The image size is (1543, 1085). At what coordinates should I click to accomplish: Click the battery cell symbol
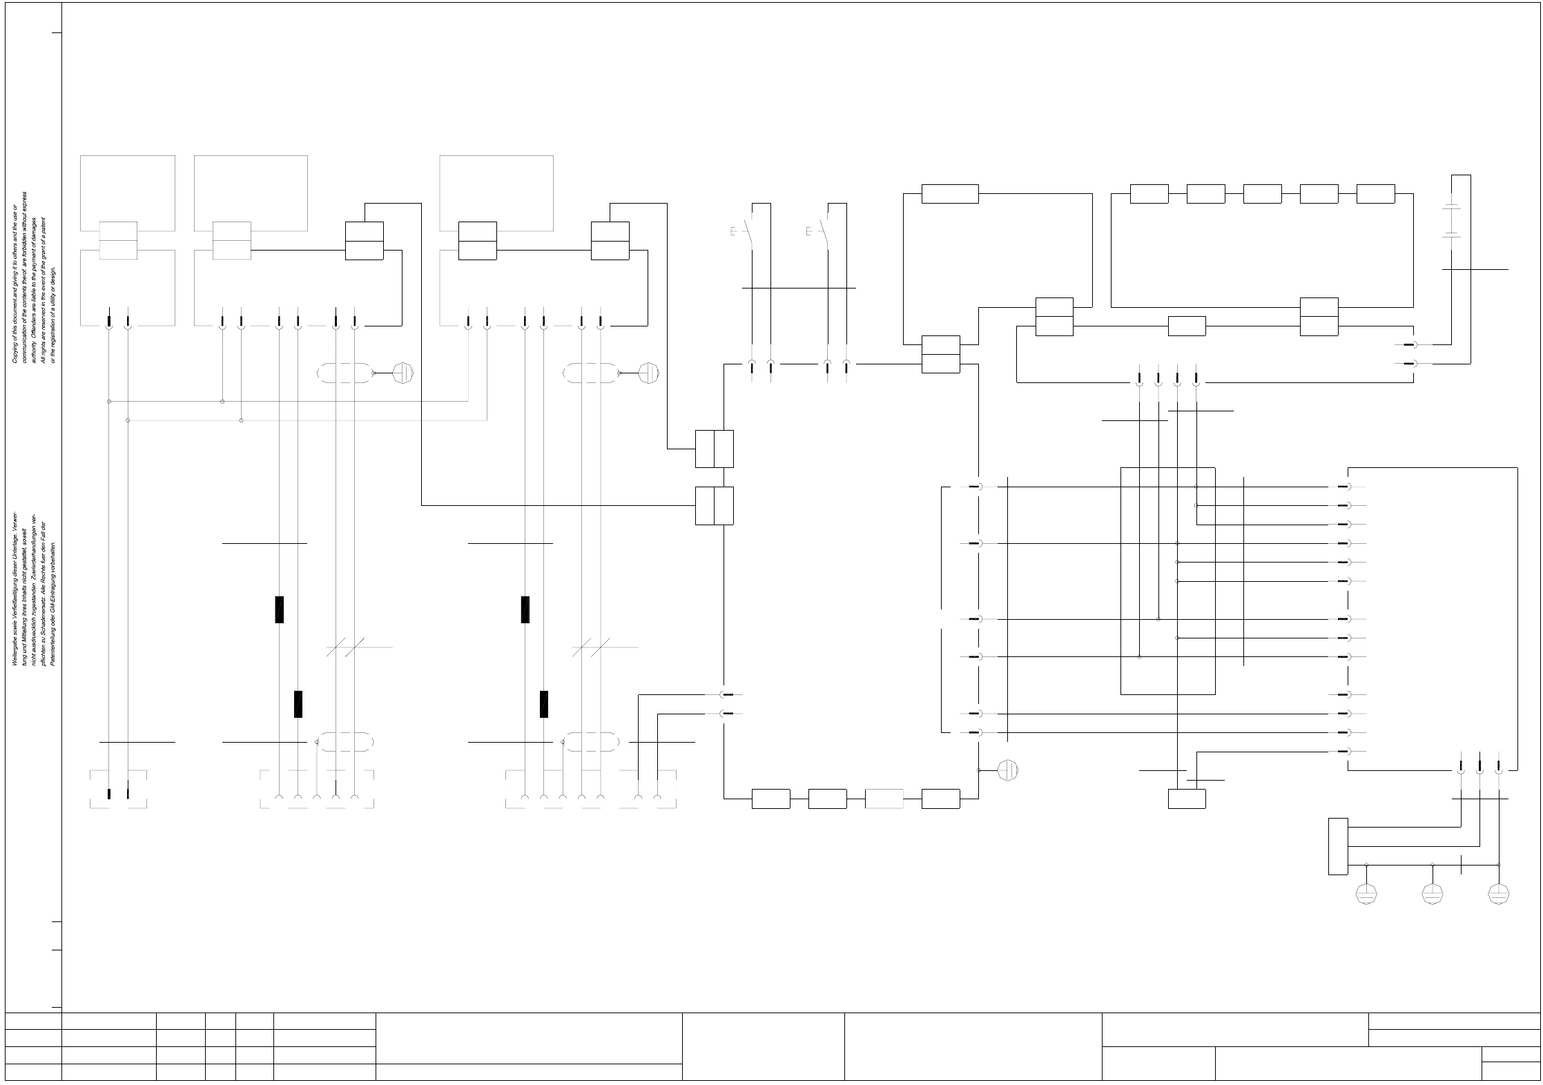(x=1452, y=221)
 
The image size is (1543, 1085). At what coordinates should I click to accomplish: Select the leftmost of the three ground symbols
(x=1366, y=894)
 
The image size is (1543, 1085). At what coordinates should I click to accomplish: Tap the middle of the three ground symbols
(x=1432, y=894)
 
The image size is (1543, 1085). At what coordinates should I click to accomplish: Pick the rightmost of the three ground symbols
(x=1498, y=894)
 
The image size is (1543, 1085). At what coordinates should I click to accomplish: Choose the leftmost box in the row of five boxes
(x=1149, y=194)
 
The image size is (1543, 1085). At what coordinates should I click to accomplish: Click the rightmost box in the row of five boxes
(x=1375, y=194)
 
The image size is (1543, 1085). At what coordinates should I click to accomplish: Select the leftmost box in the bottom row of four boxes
(x=770, y=799)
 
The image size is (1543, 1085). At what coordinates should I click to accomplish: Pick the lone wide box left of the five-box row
(x=950, y=194)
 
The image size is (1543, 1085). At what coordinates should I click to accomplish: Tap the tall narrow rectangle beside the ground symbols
(x=1338, y=846)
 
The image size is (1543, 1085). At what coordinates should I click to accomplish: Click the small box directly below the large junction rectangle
(x=1187, y=799)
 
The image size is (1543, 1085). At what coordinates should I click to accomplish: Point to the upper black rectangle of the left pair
(x=279, y=609)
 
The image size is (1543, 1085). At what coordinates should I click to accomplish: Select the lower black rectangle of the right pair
(x=544, y=704)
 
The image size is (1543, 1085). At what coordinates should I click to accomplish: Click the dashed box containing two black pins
(x=118, y=789)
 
